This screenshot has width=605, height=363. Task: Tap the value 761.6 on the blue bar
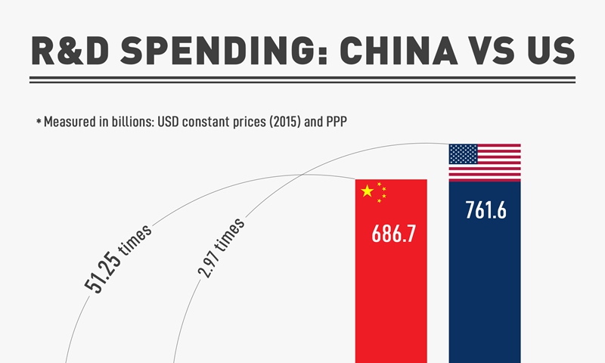coord(485,210)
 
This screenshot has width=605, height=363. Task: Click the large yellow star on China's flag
coord(368,191)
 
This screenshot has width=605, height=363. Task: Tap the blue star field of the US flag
coord(463,154)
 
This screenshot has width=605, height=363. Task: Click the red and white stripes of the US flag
coord(499,168)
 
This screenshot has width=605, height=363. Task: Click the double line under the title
coord(302,79)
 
